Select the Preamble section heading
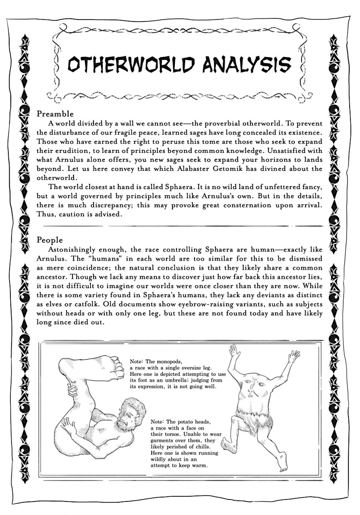(55, 114)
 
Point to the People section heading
(50, 240)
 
